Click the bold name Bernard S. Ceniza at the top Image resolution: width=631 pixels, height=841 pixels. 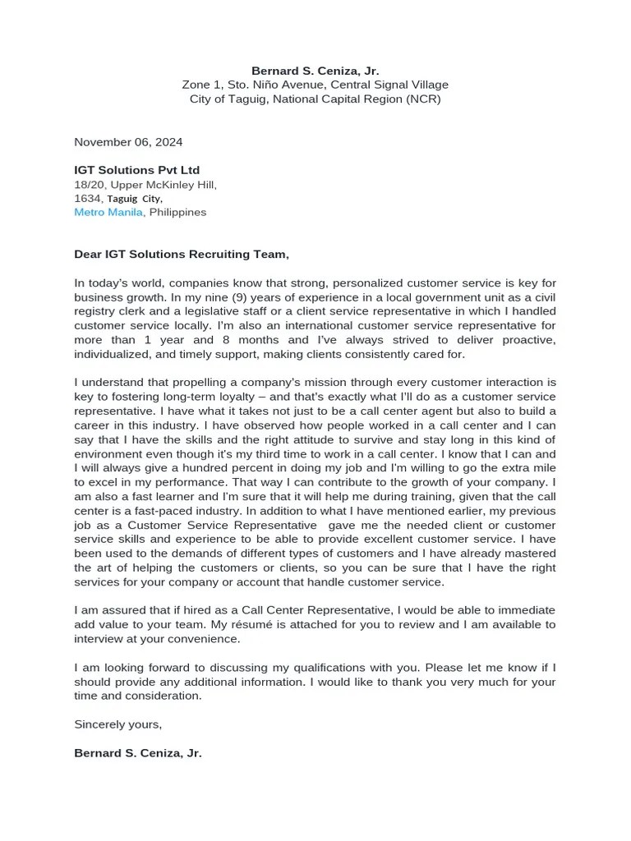coord(315,71)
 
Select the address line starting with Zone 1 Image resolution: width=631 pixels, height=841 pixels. coord(315,85)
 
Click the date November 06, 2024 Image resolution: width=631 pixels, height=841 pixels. coord(128,142)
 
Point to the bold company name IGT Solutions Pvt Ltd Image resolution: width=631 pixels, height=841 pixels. coord(136,170)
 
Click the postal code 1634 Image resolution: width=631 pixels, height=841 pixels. coord(87,198)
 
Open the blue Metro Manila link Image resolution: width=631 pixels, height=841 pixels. coord(109,212)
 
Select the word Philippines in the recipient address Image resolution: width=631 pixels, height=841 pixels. coord(178,212)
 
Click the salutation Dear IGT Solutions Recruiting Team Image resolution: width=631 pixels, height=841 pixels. coord(182,255)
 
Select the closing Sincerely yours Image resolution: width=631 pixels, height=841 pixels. coord(118,724)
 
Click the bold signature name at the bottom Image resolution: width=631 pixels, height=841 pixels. coord(138,752)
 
